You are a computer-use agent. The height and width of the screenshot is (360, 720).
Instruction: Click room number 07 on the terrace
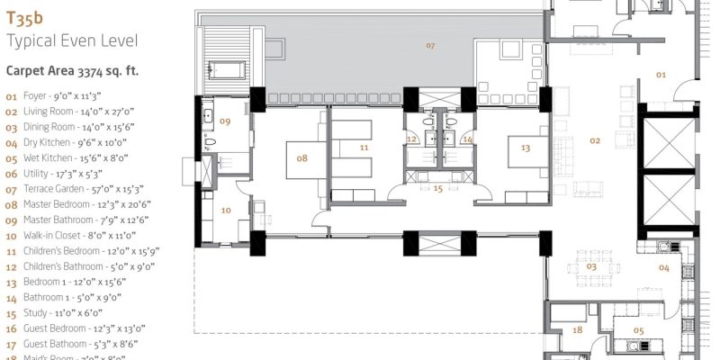430,45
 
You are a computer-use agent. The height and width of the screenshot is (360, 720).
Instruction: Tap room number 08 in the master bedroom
302,157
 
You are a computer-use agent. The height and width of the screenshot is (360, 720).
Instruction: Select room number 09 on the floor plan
226,121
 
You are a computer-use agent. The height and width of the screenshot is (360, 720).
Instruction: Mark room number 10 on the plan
226,210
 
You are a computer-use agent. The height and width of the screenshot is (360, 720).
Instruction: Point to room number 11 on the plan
364,148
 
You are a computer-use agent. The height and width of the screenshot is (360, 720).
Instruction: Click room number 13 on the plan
526,148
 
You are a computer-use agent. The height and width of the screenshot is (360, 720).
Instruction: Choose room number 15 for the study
438,189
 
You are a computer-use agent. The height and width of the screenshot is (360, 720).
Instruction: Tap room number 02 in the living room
594,140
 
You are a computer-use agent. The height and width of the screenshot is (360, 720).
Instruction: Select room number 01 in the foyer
660,75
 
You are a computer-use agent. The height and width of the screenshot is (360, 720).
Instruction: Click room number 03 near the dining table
591,266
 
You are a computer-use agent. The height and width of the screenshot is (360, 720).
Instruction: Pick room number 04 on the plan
663,267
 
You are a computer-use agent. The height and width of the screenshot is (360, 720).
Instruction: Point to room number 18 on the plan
577,330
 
